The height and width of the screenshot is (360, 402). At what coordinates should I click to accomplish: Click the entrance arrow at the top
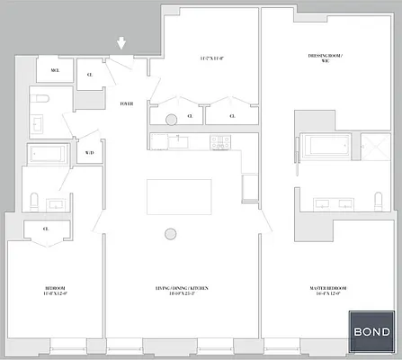(x=122, y=41)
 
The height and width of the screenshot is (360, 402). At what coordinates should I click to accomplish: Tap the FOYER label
(x=127, y=104)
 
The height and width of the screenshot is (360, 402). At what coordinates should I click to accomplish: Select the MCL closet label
(x=54, y=70)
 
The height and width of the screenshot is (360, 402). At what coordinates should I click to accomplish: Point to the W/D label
(x=89, y=153)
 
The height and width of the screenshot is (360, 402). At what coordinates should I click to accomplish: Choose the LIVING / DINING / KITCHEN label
(x=182, y=290)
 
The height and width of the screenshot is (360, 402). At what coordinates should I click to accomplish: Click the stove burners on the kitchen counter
(x=219, y=140)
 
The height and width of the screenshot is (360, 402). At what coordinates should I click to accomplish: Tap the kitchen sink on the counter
(x=177, y=140)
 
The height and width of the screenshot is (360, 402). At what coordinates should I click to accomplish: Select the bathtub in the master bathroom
(x=320, y=147)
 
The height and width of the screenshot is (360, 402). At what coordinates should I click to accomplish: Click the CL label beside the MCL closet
(x=89, y=75)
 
